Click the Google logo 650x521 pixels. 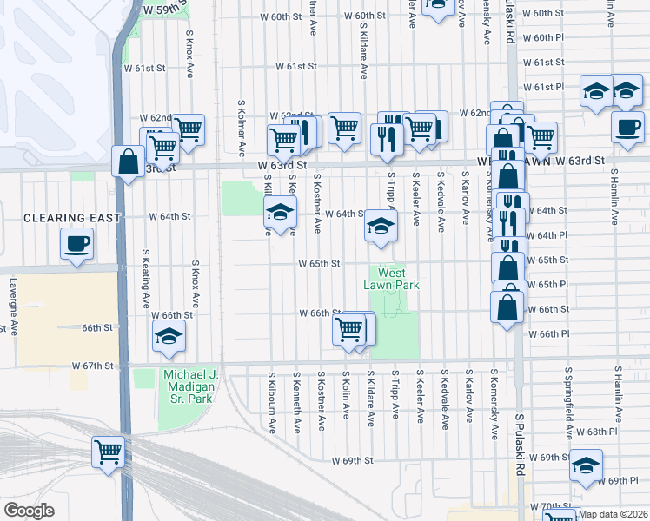click(29, 511)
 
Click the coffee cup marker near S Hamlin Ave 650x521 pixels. click(627, 128)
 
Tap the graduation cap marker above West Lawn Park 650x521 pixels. click(380, 226)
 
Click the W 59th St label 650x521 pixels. click(165, 8)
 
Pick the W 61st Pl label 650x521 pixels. click(544, 87)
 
